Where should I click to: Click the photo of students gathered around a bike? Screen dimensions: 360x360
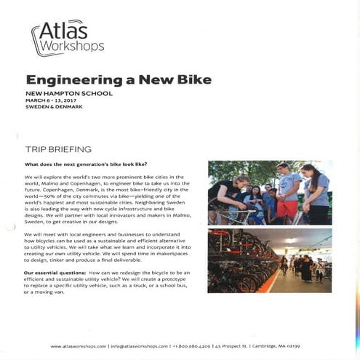[269, 192]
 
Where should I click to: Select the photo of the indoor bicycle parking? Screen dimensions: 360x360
[269, 260]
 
